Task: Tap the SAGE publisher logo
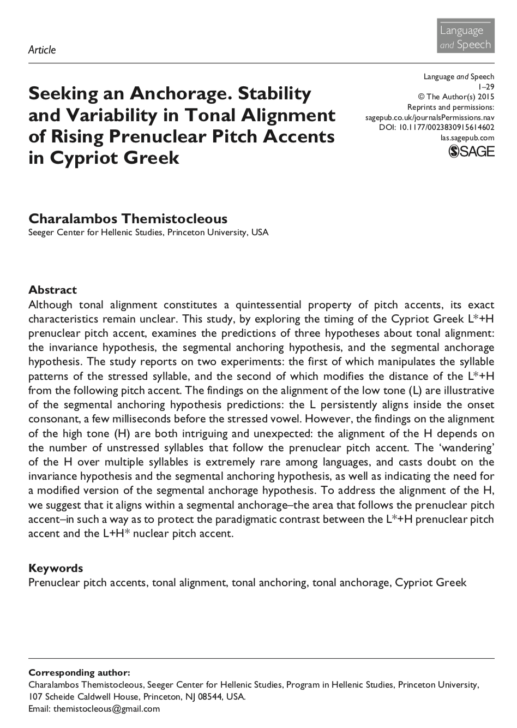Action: (x=471, y=151)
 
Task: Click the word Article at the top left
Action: (x=41, y=50)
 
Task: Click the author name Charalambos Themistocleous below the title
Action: (x=128, y=218)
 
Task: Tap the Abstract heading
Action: (x=52, y=290)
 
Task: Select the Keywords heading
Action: (x=56, y=568)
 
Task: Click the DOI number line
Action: (x=436, y=128)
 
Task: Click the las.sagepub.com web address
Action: (x=467, y=138)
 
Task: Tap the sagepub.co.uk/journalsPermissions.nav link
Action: (x=430, y=117)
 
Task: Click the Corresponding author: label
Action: (x=79, y=672)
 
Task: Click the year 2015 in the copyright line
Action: (x=484, y=97)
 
